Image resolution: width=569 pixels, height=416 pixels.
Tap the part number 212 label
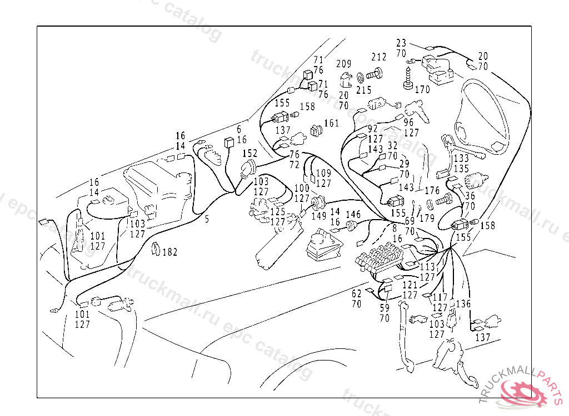379,57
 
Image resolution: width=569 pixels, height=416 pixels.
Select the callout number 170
422,89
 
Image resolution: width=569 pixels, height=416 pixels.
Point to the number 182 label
169,252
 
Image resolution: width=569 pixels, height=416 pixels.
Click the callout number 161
331,123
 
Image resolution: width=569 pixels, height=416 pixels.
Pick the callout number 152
249,153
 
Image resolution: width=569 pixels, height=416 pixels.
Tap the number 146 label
353,215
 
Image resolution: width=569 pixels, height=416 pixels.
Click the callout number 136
463,304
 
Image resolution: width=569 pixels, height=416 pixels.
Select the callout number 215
363,90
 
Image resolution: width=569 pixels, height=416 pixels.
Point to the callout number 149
318,216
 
